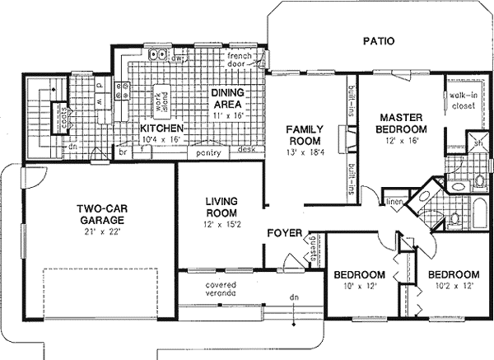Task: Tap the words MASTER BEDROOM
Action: (x=401, y=124)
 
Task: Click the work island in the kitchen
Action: (x=163, y=98)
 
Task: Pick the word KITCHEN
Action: (x=161, y=129)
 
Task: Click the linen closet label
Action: (x=394, y=201)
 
